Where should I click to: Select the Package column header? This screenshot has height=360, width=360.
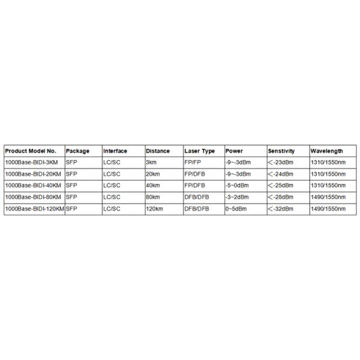pos(77,151)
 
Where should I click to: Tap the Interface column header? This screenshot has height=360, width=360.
pos(115,151)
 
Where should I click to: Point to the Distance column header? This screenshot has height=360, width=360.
pos(158,151)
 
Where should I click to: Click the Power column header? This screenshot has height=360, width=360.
pos(234,151)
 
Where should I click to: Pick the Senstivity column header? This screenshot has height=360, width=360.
pos(281,151)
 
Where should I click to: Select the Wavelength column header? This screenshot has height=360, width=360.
pos(327,151)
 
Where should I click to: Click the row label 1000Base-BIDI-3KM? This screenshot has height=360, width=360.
pos(31,162)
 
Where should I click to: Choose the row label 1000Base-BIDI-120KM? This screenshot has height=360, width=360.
pos(34,208)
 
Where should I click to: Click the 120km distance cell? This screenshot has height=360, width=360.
pos(154,208)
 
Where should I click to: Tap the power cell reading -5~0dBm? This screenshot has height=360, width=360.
pos(236,185)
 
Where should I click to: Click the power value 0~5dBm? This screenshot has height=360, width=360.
pos(235,208)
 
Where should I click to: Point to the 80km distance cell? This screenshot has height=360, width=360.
pos(153,197)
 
